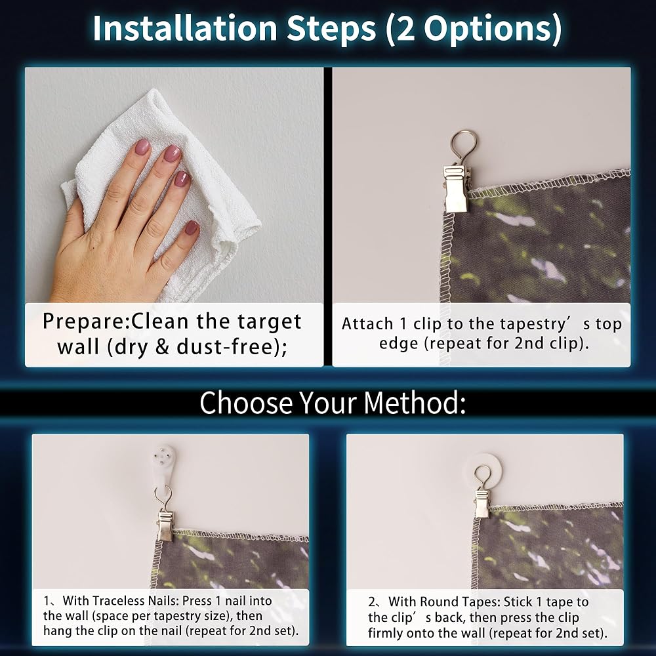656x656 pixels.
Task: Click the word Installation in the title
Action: (x=184, y=28)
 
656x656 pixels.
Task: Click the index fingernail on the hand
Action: (x=142, y=147)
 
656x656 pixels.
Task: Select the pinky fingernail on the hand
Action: (x=192, y=228)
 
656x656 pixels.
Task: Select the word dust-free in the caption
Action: (x=229, y=346)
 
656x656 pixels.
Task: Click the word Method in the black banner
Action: (x=414, y=403)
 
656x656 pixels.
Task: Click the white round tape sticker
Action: (x=484, y=470)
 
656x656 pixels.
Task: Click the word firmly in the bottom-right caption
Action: (x=385, y=633)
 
